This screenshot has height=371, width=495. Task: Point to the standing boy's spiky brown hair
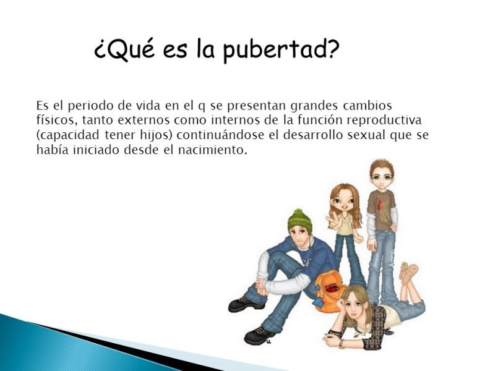click(x=379, y=167)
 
